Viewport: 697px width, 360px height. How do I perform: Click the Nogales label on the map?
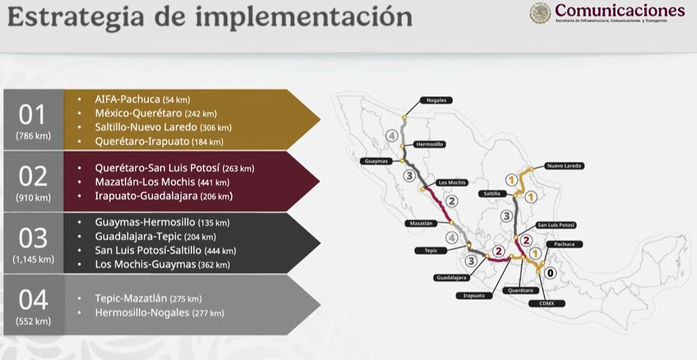click(x=436, y=100)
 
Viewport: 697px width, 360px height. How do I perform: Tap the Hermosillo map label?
click(x=429, y=144)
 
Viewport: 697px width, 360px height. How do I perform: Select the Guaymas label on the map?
click(x=376, y=161)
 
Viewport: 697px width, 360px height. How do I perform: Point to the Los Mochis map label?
click(x=452, y=182)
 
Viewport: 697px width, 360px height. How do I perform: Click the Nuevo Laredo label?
click(x=564, y=166)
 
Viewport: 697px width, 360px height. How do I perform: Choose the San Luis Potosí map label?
click(x=556, y=225)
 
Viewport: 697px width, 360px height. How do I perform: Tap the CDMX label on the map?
click(x=546, y=303)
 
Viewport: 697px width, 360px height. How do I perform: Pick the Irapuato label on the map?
click(x=474, y=296)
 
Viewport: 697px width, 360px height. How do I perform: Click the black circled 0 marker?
click(x=550, y=273)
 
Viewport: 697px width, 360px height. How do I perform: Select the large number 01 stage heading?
click(x=33, y=115)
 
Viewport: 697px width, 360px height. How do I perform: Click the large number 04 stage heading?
click(x=33, y=300)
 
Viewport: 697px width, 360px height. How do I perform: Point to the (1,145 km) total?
click(x=33, y=259)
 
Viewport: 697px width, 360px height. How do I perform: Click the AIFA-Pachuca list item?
click(x=142, y=100)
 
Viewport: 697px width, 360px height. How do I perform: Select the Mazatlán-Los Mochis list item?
click(x=162, y=182)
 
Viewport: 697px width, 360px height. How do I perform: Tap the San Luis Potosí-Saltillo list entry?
click(x=165, y=250)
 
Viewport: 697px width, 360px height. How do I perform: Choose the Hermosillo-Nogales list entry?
click(x=159, y=313)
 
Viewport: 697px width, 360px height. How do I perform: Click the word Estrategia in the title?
click(x=76, y=17)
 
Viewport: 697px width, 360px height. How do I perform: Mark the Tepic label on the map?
click(x=431, y=251)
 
